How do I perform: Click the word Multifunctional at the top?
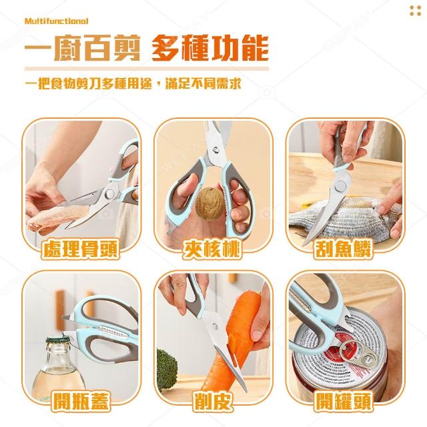click(x=56, y=21)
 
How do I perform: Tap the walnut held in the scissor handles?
click(x=210, y=203)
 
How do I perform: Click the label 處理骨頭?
click(x=81, y=249)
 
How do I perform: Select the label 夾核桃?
click(x=212, y=249)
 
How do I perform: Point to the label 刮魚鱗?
click(x=343, y=249)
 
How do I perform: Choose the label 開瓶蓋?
click(x=81, y=401)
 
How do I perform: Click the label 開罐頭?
click(x=343, y=401)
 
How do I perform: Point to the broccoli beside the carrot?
click(x=167, y=366)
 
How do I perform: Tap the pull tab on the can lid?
click(x=358, y=354)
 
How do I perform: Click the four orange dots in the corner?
click(x=415, y=11)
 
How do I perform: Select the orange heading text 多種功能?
click(x=210, y=48)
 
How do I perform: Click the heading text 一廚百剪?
click(x=83, y=48)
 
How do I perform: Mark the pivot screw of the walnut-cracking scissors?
click(x=216, y=149)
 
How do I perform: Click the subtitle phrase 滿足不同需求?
click(x=203, y=83)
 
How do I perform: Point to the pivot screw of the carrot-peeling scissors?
click(x=215, y=326)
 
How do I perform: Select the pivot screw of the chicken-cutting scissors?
click(x=110, y=194)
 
